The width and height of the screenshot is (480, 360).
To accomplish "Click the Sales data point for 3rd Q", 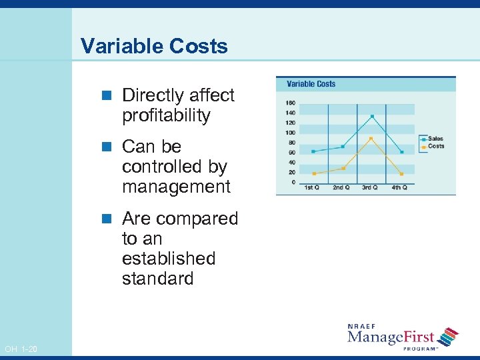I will [x=371, y=117].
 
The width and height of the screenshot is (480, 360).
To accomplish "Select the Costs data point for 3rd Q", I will [x=371, y=139].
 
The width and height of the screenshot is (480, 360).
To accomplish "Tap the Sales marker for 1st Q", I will [x=313, y=151].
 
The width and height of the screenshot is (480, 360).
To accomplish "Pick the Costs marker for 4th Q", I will [x=401, y=174].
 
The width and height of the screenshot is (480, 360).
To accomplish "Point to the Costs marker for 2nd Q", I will [x=343, y=168].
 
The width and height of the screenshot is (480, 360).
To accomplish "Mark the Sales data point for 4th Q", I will [x=401, y=152].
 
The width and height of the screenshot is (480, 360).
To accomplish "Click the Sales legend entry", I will [x=435, y=139].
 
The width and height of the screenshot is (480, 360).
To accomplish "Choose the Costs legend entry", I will [x=435, y=146].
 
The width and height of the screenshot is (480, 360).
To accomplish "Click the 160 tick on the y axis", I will [x=290, y=103].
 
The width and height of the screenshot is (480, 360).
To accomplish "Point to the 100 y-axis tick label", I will [x=290, y=133].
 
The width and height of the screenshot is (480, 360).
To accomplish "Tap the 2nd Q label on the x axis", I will [x=341, y=187].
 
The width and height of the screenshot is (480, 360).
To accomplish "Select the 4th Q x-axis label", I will [x=399, y=187].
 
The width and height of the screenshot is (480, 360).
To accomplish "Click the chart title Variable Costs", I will [x=311, y=84].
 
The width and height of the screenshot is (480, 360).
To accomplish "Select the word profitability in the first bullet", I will [x=165, y=115].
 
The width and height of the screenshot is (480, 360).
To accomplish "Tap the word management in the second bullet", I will [x=176, y=187].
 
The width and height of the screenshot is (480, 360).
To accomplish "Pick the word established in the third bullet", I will [x=168, y=258].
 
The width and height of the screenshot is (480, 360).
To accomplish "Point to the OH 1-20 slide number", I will [x=21, y=349].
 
